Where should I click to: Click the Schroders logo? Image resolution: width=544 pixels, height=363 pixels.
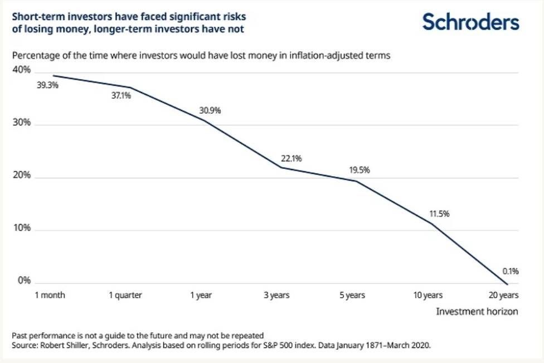coord(471,22)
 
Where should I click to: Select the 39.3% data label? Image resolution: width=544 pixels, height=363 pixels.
coord(47,85)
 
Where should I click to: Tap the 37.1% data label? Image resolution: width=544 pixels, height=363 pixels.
coord(121,95)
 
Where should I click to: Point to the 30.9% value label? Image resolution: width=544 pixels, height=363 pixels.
coord(210,110)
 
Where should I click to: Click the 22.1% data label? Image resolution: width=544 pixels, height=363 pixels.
coord(292,158)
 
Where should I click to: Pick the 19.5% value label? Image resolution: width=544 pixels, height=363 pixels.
coord(360,170)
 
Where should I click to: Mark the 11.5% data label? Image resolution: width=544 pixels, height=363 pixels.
coord(439,214)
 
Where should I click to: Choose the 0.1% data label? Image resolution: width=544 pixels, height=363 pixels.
coord(511,271)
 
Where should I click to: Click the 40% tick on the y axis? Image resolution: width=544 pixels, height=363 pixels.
coord(22,70)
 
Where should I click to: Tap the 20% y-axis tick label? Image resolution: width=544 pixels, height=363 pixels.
coord(22,175)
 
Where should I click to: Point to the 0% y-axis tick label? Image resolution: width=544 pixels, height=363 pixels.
coord(25,280)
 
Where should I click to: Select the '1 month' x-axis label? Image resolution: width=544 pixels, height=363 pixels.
coord(50,295)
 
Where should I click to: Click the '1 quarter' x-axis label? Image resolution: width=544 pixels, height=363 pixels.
coord(125,296)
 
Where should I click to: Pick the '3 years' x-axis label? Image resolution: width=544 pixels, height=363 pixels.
coord(276,296)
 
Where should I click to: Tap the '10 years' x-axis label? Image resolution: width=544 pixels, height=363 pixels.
coord(428,296)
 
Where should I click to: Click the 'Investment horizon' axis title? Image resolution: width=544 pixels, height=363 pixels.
coord(477,311)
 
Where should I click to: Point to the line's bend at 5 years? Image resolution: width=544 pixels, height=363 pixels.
coord(356,181)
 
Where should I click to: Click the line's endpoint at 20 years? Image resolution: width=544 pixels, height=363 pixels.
coord(508,284)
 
